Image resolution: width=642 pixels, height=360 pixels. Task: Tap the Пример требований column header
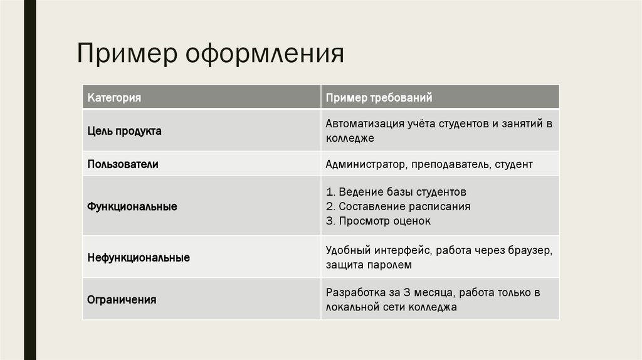pyautogui.click(x=379, y=98)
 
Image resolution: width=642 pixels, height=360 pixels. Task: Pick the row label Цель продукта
pyautogui.click(x=124, y=131)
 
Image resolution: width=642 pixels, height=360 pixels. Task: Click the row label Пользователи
pyautogui.click(x=122, y=164)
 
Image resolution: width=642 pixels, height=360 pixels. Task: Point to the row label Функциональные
pyautogui.click(x=132, y=206)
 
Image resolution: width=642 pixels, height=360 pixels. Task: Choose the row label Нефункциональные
pyautogui.click(x=139, y=257)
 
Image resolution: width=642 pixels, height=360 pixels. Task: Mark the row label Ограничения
pyautogui.click(x=122, y=300)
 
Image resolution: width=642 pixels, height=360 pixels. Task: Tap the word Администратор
pyautogui.click(x=366, y=164)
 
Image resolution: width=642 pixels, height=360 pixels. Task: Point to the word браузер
pyautogui.click(x=530, y=250)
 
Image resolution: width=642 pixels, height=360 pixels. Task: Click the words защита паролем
pyautogui.click(x=369, y=265)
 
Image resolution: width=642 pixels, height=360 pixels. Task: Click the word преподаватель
pyautogui.click(x=450, y=164)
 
